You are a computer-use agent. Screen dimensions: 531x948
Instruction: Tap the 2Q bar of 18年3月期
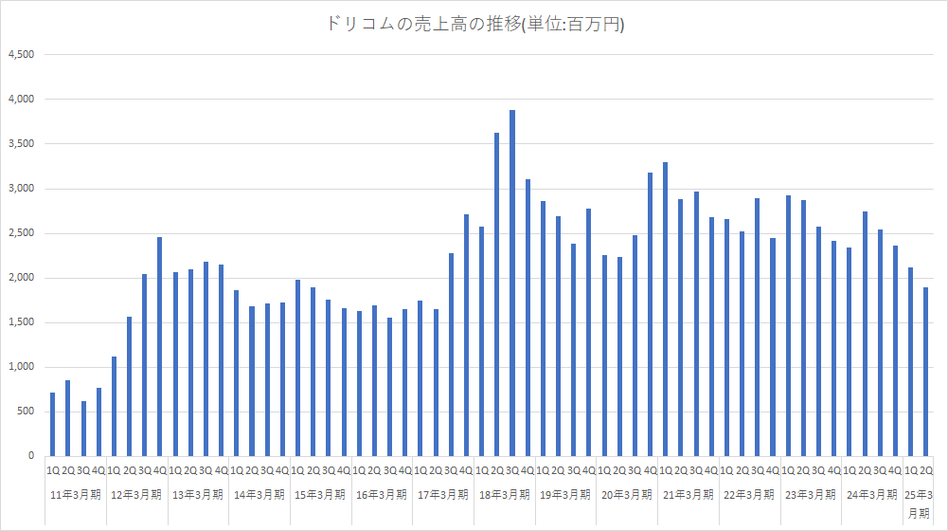497,294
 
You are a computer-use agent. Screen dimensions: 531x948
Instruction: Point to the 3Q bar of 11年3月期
83,429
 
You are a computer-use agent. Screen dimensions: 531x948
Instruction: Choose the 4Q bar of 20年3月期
650,314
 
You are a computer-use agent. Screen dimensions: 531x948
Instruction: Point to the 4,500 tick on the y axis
21,55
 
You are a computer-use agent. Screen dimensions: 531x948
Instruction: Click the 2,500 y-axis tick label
21,233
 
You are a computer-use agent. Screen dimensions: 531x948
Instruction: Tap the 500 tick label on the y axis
26,412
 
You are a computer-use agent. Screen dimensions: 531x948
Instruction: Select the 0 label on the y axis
31,456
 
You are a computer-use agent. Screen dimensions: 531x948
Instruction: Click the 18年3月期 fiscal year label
505,494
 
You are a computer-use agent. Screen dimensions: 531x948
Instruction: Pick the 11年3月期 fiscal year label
76,494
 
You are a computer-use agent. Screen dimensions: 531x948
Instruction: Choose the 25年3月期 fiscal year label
919,503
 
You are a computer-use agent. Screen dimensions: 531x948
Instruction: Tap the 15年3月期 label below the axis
321,494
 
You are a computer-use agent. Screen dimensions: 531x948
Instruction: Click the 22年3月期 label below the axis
750,494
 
